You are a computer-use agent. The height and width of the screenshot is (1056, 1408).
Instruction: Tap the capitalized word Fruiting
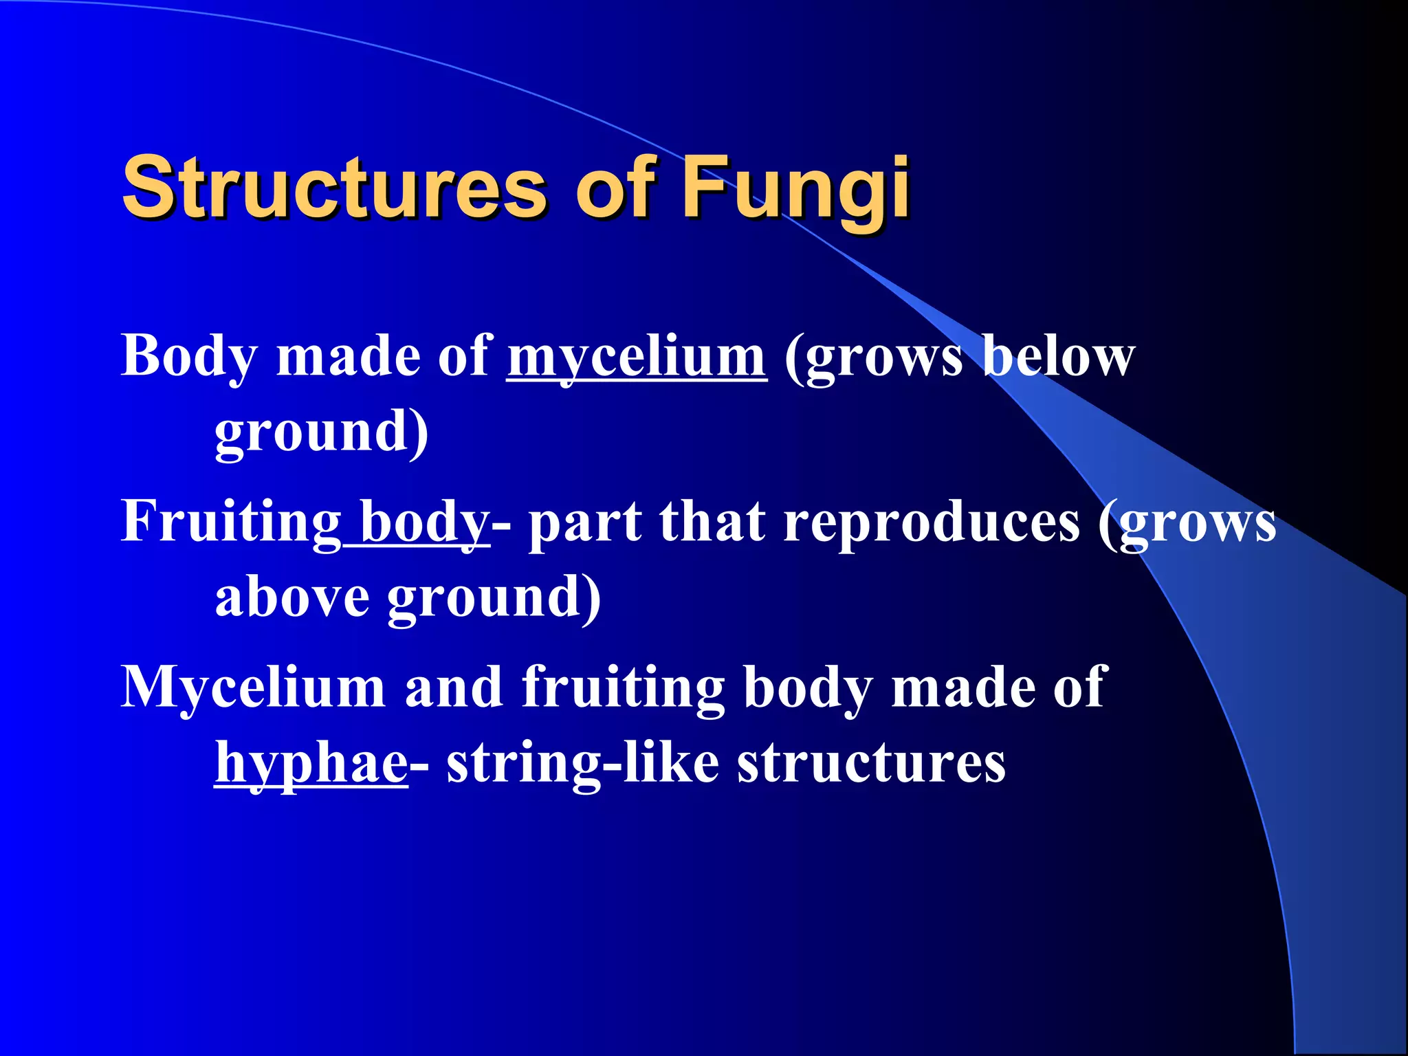[231, 522]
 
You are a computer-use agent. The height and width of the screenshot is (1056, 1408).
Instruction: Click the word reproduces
[932, 522]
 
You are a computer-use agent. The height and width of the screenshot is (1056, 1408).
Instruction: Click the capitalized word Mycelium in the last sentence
[253, 687]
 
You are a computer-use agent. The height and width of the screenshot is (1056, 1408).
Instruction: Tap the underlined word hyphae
[311, 763]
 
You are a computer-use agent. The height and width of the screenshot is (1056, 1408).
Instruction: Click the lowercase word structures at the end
[872, 763]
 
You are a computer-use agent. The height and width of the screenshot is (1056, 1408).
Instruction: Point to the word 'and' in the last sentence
[454, 687]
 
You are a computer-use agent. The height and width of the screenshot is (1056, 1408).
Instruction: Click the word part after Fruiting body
[585, 522]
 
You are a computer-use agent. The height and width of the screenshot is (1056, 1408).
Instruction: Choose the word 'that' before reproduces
[712, 522]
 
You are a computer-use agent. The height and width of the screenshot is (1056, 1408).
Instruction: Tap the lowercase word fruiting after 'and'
[623, 687]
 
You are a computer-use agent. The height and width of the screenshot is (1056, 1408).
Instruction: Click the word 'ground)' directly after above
[494, 598]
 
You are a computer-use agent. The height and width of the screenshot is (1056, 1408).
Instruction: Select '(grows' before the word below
[874, 357]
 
